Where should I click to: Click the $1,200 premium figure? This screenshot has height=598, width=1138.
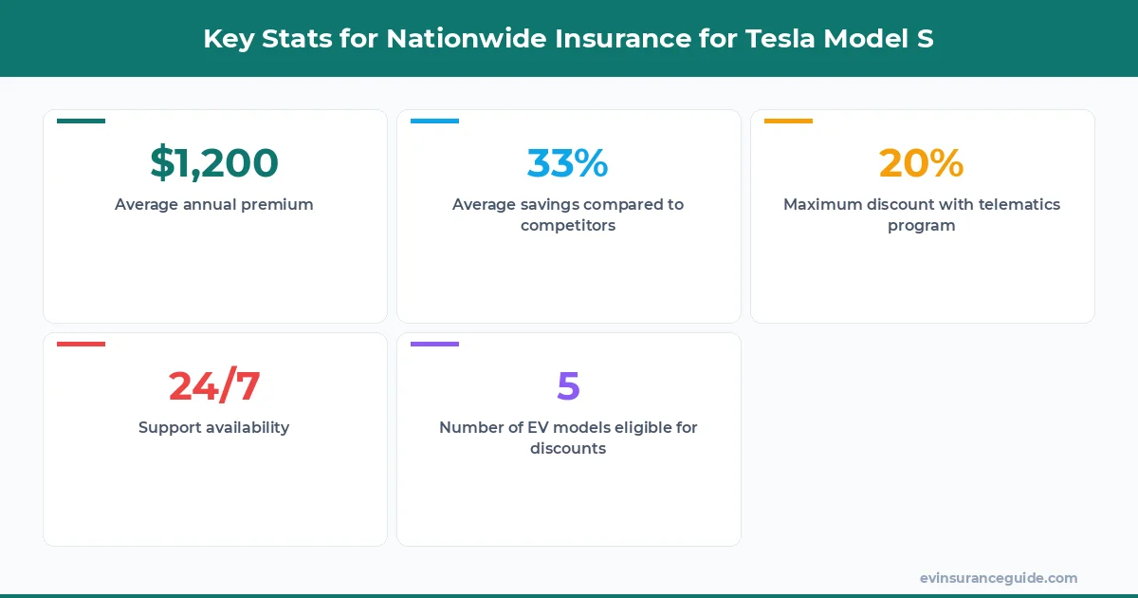[214, 163]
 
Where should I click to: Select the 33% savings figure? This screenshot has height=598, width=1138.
[567, 163]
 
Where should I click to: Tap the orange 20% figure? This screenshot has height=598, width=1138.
[921, 163]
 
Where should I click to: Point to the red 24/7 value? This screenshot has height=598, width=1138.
[214, 386]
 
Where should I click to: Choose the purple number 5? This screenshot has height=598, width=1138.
[568, 386]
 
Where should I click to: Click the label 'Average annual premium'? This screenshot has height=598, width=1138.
[214, 204]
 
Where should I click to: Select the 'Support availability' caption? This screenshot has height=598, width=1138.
[214, 427]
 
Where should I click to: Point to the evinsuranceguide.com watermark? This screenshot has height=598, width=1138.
[998, 578]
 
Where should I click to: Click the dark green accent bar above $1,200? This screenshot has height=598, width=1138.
[81, 121]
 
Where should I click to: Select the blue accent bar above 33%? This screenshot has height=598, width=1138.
[434, 121]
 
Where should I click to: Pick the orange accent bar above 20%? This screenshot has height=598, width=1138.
[788, 121]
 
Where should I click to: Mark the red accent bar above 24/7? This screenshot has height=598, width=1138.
[81, 344]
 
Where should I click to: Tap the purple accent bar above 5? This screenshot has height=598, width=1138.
[434, 344]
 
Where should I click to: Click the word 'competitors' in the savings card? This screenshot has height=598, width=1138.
[568, 226]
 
